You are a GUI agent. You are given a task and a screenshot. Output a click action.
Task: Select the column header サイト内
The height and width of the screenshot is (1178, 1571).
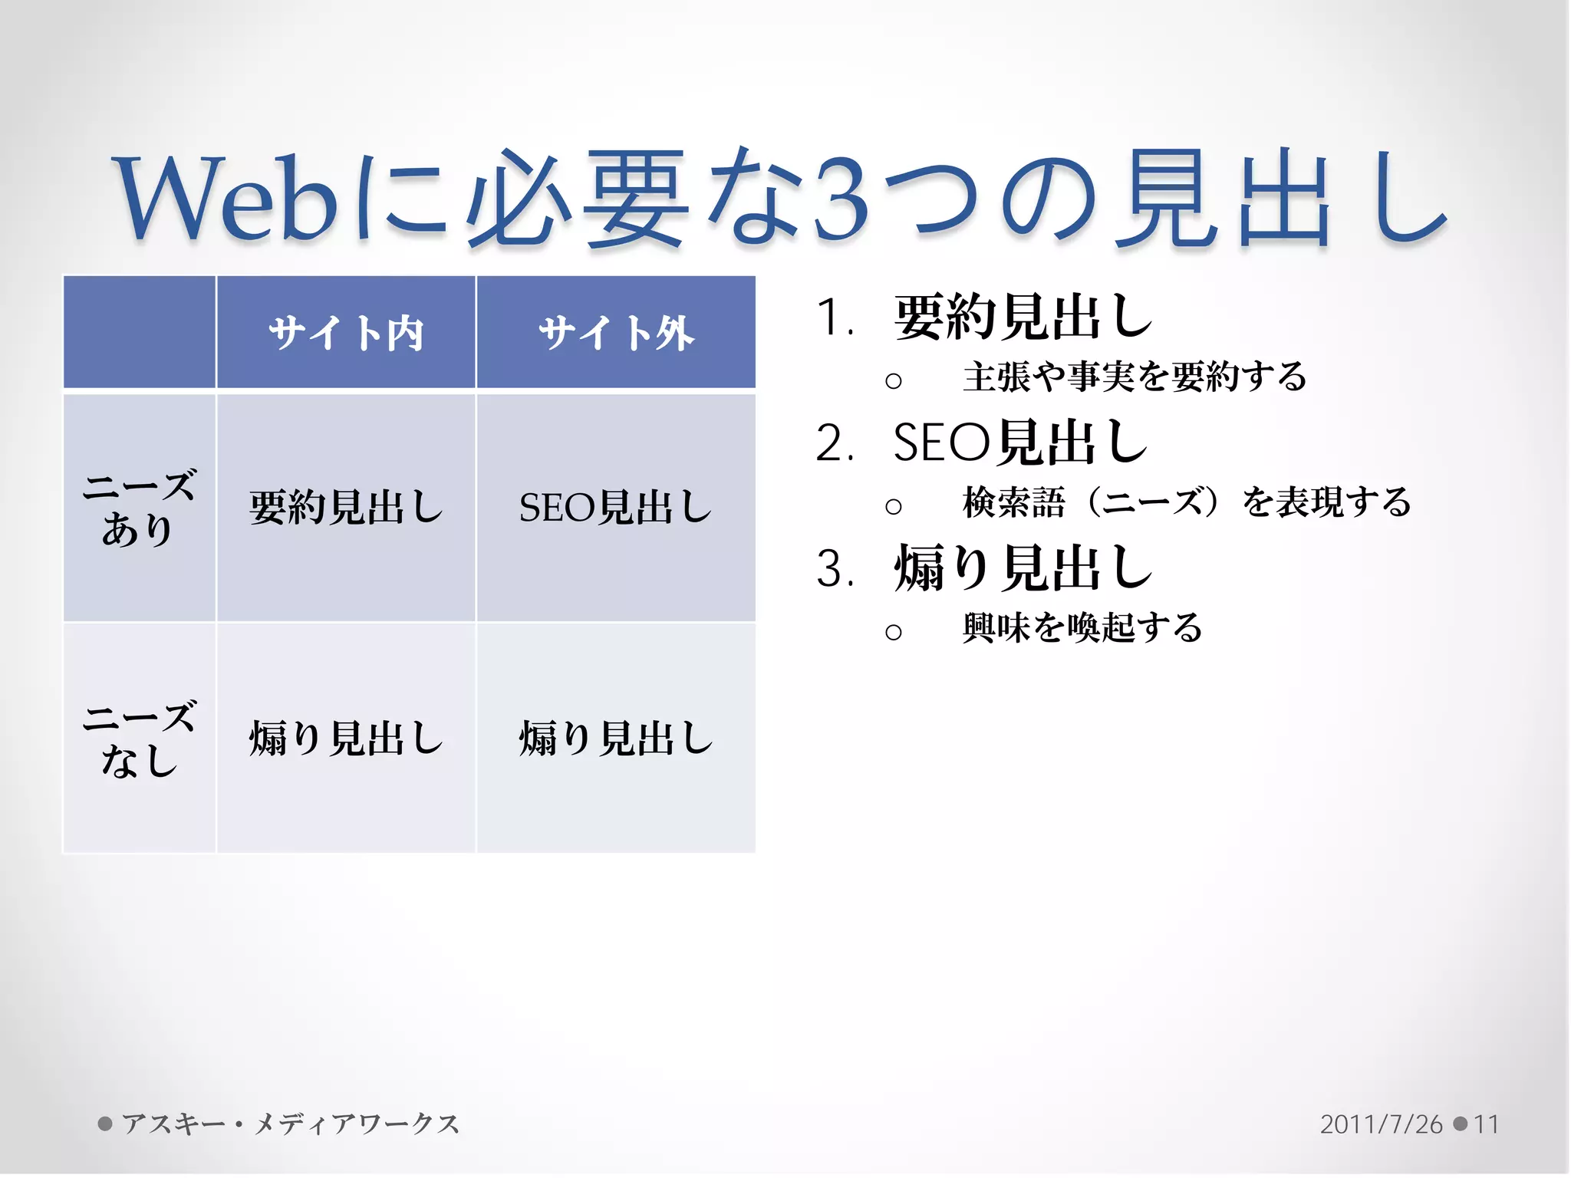346,333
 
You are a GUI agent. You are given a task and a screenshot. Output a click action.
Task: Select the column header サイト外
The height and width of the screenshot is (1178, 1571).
616,333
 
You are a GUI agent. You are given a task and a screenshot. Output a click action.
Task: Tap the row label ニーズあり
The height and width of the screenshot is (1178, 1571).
139,508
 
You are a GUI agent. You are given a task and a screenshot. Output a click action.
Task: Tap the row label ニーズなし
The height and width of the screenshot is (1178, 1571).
139,739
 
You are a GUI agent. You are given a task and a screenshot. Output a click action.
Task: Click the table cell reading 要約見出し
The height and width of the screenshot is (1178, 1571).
346,508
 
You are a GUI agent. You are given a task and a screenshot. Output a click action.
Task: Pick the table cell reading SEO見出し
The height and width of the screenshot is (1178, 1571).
616,508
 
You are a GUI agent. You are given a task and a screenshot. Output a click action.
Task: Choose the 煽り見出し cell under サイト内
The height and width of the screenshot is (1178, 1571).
346,739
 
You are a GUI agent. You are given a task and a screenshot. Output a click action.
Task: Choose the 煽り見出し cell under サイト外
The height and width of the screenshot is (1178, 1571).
616,739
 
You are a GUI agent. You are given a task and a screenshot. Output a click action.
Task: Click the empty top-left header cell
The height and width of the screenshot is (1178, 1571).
139,333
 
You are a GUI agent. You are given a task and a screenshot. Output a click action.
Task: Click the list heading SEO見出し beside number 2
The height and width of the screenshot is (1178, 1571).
1021,443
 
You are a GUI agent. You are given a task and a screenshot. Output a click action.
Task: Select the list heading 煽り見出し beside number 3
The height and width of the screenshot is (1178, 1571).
1023,569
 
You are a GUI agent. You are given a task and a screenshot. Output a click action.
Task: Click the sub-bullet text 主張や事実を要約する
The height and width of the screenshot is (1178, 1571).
1135,377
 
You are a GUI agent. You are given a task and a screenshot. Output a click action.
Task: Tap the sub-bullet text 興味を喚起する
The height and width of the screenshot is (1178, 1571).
1082,628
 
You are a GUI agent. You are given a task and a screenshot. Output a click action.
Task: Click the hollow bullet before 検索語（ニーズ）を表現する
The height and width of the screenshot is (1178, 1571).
893,506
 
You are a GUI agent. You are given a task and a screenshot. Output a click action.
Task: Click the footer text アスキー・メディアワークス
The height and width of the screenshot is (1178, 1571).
290,1124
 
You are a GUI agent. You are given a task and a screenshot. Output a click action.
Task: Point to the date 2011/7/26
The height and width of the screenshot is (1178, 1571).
1381,1124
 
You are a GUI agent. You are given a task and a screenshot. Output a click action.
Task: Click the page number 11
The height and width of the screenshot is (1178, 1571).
1486,1124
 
